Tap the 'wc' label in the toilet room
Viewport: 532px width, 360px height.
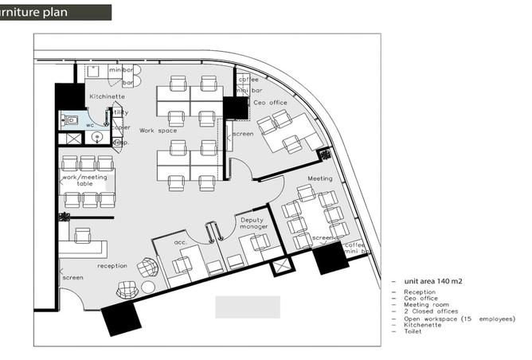click(90, 125)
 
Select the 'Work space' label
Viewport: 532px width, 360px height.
click(158, 130)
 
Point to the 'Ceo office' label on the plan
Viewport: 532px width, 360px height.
click(271, 102)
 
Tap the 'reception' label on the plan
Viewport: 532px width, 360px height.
click(112, 265)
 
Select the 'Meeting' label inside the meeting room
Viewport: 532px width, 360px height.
click(319, 179)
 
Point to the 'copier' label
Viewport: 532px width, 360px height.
click(121, 127)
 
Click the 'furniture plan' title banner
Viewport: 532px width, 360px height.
click(55, 12)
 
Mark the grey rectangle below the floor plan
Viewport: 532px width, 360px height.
click(248, 307)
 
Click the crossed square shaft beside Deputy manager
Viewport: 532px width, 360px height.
click(281, 266)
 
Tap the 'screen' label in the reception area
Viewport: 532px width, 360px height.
click(72, 278)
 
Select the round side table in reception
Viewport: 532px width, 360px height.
click(148, 286)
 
